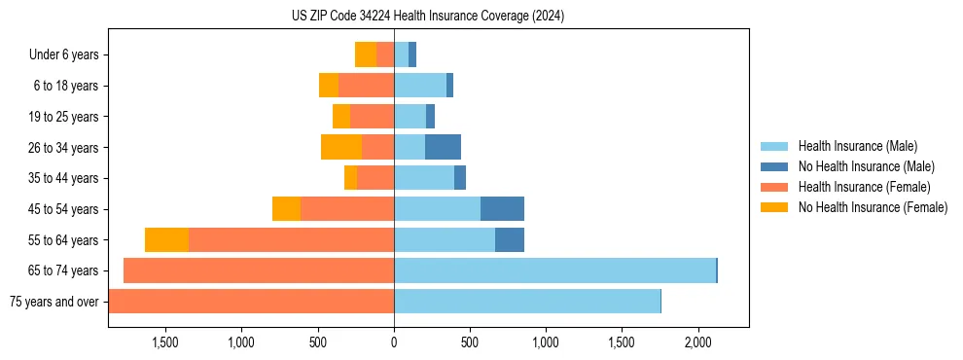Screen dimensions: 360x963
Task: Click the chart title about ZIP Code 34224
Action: [x=427, y=16]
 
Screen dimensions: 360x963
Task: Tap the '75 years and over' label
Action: [x=53, y=302]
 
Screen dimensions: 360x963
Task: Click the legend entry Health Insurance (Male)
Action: [x=857, y=146]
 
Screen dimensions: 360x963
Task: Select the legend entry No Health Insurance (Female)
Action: [x=873, y=207]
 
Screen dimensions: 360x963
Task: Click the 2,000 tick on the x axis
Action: [x=697, y=342]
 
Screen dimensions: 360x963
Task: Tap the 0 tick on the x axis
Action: [x=394, y=342]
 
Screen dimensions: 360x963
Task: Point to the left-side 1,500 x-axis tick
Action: [x=164, y=342]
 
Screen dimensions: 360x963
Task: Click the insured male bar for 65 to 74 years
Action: [x=554, y=270]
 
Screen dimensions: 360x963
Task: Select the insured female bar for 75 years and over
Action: [x=251, y=302]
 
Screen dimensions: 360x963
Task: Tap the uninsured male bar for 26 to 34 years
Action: [x=443, y=147]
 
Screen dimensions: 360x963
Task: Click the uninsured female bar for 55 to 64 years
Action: [x=166, y=239]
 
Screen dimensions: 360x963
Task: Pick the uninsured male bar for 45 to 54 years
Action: [x=502, y=208]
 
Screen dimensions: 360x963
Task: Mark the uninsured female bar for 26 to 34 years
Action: [x=341, y=147]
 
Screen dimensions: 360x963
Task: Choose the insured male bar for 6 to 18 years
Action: [x=420, y=86]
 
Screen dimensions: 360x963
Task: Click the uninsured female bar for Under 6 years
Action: [x=366, y=54]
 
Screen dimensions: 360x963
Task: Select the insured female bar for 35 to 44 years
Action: [x=375, y=178]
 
